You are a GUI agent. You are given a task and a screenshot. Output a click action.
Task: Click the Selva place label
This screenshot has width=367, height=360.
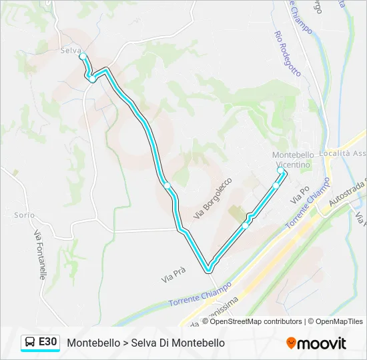[x=70, y=50]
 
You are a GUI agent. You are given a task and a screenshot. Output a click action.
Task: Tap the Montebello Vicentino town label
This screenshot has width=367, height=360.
[x=292, y=159]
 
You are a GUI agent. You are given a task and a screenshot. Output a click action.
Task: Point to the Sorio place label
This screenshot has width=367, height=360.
[x=24, y=215]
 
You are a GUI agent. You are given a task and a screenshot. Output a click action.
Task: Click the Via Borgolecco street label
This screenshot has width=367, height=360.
[x=212, y=198]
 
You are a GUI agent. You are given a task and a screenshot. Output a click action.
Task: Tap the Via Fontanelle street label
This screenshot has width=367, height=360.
[x=40, y=254]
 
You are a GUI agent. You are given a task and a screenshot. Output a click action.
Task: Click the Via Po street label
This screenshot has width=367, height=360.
[x=300, y=195]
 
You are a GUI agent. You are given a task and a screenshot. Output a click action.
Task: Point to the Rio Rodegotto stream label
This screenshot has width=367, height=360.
[x=288, y=55]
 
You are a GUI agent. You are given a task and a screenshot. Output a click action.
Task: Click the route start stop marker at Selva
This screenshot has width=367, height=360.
[x=83, y=57]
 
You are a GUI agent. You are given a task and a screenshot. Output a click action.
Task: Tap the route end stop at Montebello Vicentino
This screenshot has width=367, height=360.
[x=281, y=170]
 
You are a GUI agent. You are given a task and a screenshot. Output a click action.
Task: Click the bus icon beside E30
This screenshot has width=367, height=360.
[x=30, y=342]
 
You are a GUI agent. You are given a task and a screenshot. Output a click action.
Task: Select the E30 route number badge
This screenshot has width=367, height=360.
[x=48, y=342]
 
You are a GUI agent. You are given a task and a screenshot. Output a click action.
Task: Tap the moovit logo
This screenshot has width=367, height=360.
[x=316, y=343]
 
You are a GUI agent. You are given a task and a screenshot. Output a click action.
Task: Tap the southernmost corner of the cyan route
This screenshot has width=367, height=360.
[x=209, y=270]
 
